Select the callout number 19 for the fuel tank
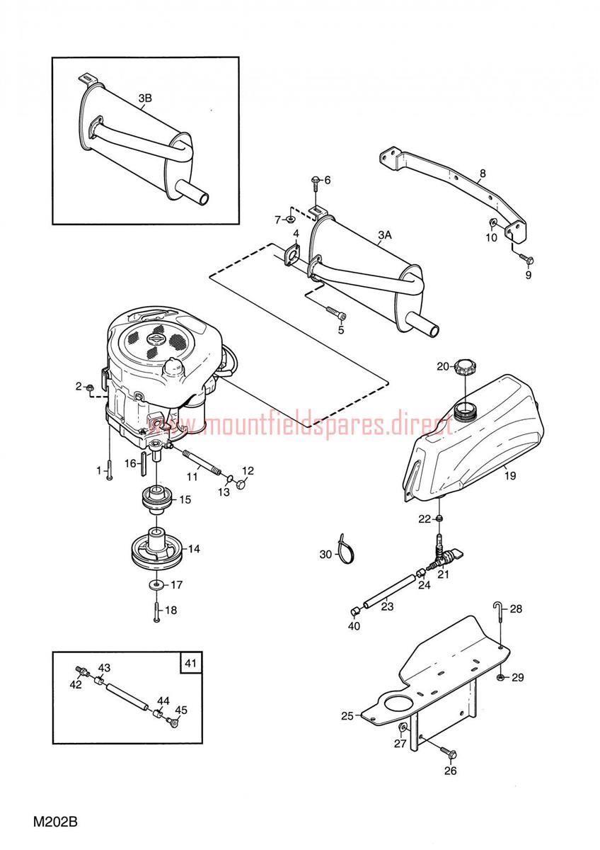point(510,475)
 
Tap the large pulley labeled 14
point(157,550)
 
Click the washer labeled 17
point(156,585)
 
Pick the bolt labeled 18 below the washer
point(156,610)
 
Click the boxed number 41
point(190,663)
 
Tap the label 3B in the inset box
point(145,98)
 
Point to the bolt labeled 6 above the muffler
point(316,185)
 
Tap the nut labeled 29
point(500,677)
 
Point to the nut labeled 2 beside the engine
point(90,387)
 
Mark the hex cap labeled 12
point(241,484)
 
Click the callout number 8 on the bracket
point(482,174)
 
